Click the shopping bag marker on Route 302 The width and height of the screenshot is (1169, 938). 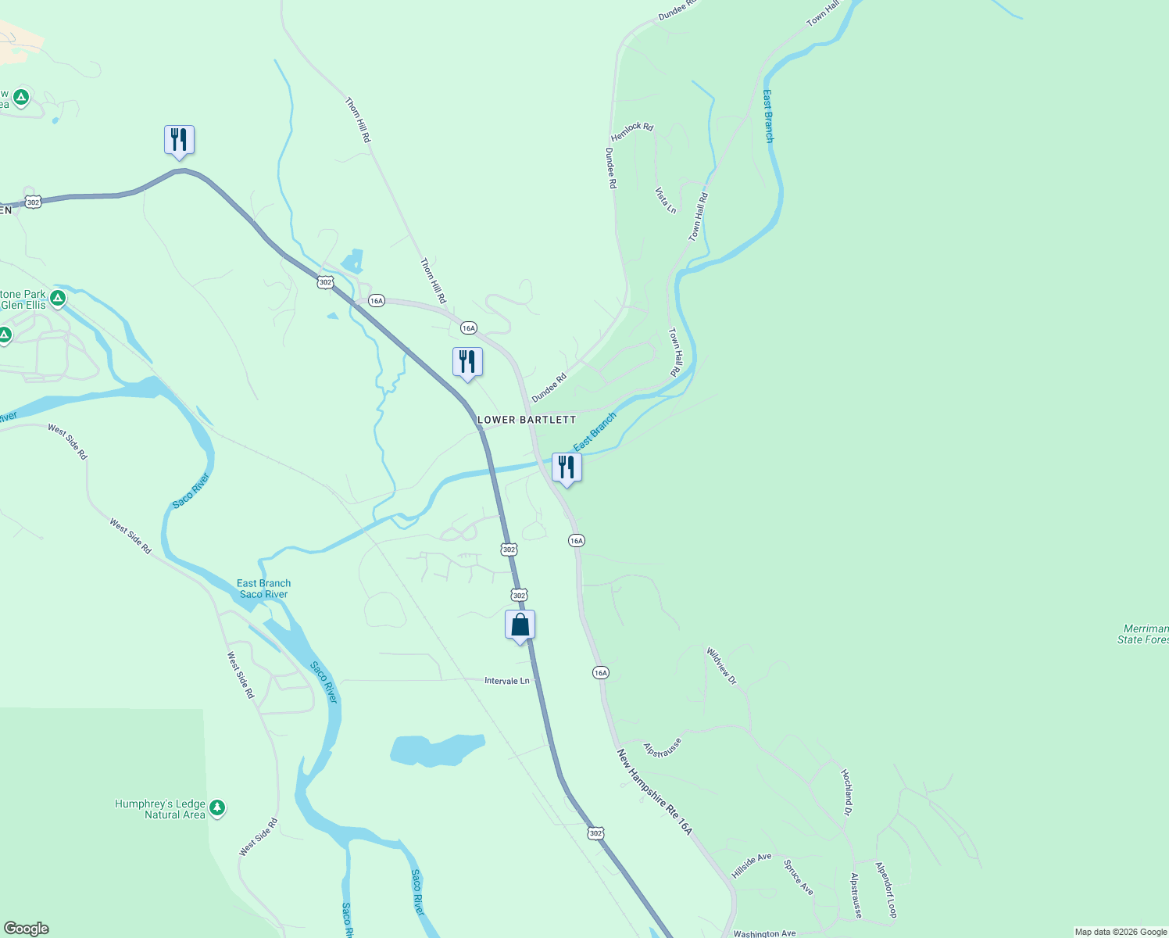(x=520, y=625)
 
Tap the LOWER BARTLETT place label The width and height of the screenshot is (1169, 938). (x=527, y=420)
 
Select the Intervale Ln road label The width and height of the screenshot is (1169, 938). (x=506, y=681)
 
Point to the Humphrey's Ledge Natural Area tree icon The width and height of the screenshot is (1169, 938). (x=217, y=808)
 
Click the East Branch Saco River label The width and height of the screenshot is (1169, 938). (x=263, y=589)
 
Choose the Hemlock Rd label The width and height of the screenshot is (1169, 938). (x=631, y=131)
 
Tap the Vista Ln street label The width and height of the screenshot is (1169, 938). (x=666, y=200)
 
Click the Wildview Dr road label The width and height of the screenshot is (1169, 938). (x=721, y=666)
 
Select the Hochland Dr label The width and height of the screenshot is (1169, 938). (x=846, y=792)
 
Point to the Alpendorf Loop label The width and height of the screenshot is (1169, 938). (x=886, y=890)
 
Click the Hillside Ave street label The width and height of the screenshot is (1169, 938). (x=751, y=865)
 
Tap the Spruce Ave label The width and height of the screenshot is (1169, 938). (x=799, y=877)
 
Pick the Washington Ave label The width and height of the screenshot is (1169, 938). (x=764, y=933)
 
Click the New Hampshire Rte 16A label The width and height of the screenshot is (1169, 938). (x=655, y=792)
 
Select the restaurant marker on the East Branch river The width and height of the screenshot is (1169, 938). (x=567, y=467)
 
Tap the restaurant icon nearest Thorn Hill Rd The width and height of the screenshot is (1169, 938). (x=467, y=362)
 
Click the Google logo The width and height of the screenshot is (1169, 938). (x=27, y=928)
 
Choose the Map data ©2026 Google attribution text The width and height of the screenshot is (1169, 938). (x=1121, y=932)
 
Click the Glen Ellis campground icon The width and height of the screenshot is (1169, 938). (x=57, y=298)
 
